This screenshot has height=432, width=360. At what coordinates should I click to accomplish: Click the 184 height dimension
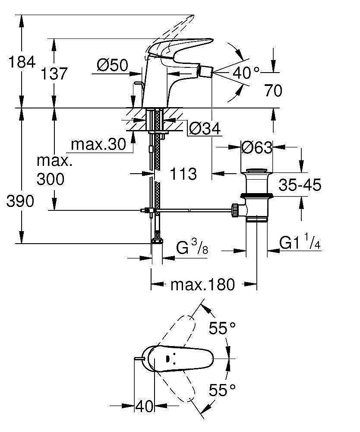coord(22,62)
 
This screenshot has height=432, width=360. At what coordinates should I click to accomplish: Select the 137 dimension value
coord(55,74)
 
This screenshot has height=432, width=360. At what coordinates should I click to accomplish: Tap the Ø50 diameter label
coord(113,66)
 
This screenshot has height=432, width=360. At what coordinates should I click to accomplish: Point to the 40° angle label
coord(246,72)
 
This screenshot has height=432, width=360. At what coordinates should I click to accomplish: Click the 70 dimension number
coord(273,91)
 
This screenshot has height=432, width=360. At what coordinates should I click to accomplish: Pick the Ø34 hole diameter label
coord(205,128)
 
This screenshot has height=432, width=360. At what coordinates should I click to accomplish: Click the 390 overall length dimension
coord(20,201)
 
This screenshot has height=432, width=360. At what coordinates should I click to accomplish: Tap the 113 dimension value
coord(183,174)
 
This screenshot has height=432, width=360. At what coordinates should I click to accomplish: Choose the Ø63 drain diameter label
coord(257,148)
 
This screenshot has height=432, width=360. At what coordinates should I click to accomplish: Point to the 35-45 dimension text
coord(300,186)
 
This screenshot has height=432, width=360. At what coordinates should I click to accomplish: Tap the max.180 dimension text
coord(202,285)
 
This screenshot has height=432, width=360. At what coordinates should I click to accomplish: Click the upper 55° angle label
coord(222,328)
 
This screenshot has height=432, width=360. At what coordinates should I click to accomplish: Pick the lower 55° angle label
coord(222,391)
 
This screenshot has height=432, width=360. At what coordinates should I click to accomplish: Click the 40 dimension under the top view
coord(144,406)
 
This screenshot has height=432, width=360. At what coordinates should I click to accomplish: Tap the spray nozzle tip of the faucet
coord(209,70)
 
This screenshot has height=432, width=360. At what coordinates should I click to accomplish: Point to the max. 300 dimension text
coord(54,171)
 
